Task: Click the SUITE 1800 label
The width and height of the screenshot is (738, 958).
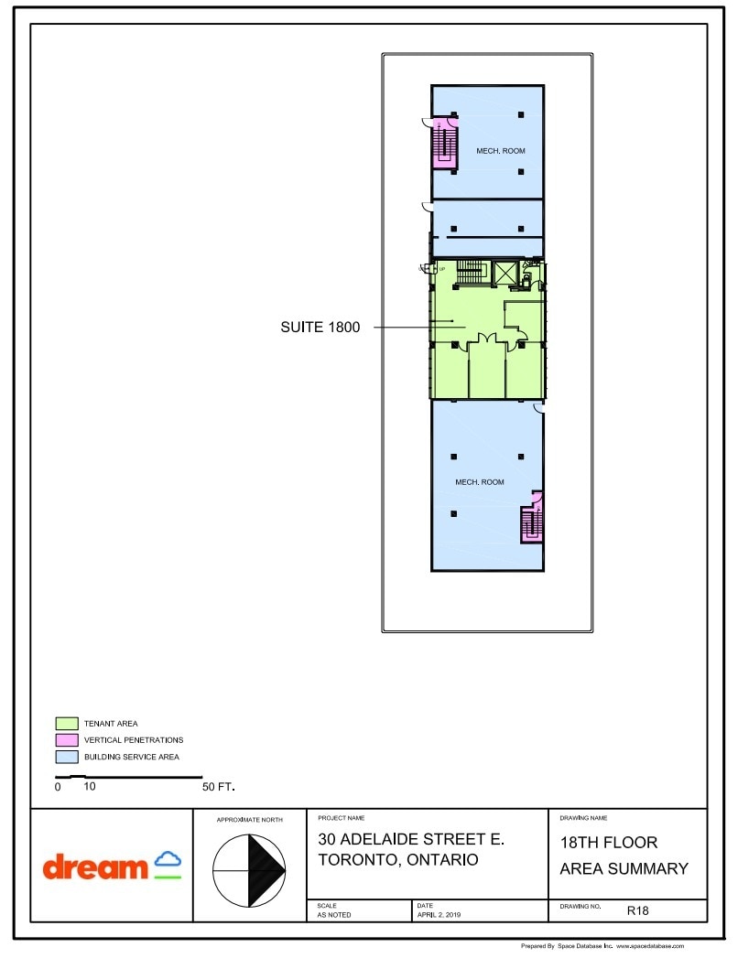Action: click(x=320, y=327)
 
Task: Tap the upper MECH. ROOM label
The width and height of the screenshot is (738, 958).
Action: click(x=500, y=150)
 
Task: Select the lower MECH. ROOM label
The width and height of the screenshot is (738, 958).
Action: click(x=480, y=482)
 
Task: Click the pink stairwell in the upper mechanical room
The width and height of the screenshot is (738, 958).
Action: click(x=445, y=143)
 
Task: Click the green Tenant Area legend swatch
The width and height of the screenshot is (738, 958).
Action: click(x=66, y=723)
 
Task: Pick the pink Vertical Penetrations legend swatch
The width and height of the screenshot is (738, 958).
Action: click(x=66, y=739)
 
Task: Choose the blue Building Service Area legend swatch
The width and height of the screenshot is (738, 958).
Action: click(x=66, y=757)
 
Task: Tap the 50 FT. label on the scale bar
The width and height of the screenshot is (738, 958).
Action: click(x=219, y=787)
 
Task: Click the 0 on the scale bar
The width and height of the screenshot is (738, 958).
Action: click(x=58, y=787)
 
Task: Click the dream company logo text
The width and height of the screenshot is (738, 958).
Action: click(x=95, y=867)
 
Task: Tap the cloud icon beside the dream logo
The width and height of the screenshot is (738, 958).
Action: click(x=168, y=861)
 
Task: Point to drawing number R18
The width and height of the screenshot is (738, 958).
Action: click(x=638, y=910)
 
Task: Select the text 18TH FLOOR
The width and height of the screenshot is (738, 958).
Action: click(x=608, y=842)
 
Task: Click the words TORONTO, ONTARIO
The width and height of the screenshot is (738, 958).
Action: click(x=397, y=860)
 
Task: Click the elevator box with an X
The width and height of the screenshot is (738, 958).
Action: click(x=505, y=273)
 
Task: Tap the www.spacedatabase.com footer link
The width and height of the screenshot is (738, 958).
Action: click(x=649, y=946)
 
